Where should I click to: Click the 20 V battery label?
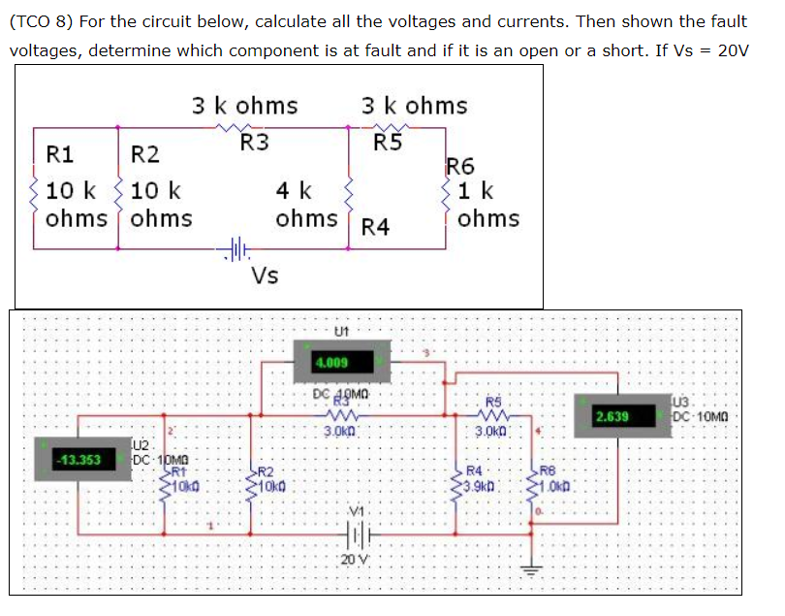click(352, 560)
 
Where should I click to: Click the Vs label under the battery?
click(265, 276)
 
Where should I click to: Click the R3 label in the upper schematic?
click(255, 143)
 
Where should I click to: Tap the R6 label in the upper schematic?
click(460, 166)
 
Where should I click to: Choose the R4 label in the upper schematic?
click(374, 228)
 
